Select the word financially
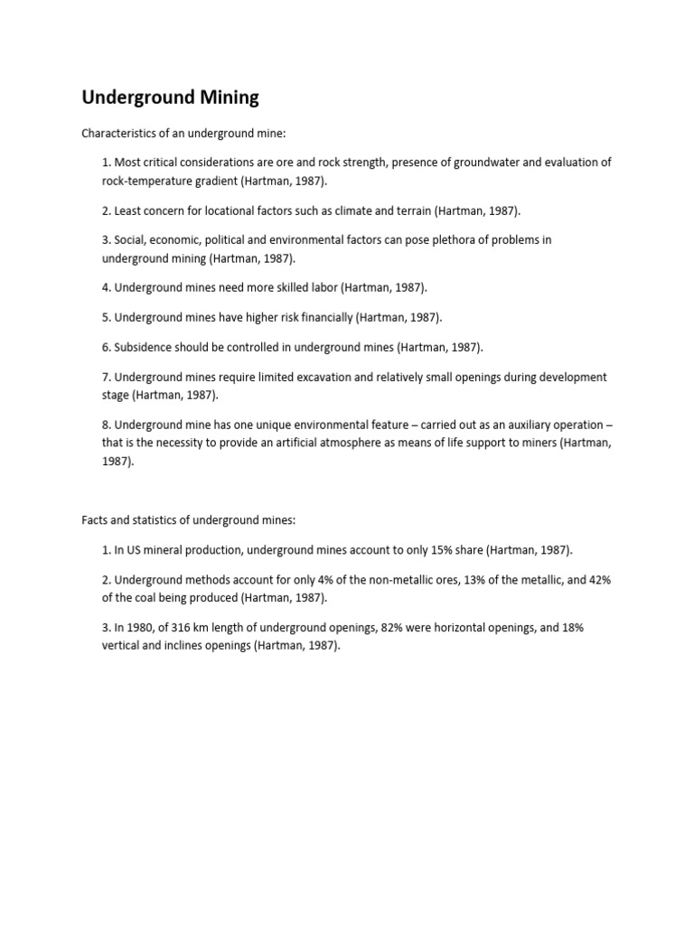pyautogui.click(x=324, y=317)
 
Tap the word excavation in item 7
pyautogui.click(x=329, y=377)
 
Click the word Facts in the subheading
pyautogui.click(x=96, y=520)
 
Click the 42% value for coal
pyautogui.click(x=599, y=580)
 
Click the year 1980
pyautogui.click(x=142, y=628)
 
